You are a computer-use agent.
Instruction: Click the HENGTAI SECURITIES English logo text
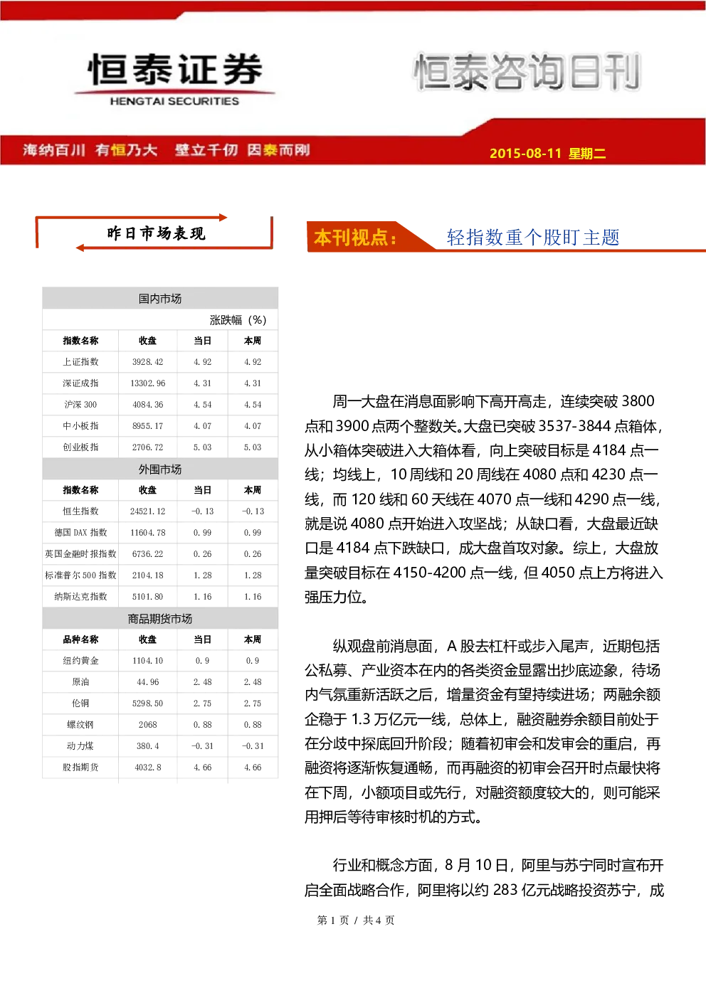(174, 101)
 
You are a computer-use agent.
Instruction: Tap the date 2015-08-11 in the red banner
(525, 153)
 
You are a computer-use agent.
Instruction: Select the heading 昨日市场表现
(156, 233)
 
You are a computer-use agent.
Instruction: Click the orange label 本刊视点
(355, 238)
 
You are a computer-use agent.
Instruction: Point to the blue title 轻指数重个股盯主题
(533, 238)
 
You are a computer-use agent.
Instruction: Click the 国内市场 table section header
(160, 299)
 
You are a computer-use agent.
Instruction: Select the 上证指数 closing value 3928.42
(147, 362)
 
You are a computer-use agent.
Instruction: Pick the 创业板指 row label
(80, 447)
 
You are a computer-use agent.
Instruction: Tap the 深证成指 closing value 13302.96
(147, 383)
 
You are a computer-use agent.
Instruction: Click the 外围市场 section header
(160, 469)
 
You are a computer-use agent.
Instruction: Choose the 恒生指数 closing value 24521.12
(147, 511)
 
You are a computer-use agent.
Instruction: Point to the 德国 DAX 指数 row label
(80, 532)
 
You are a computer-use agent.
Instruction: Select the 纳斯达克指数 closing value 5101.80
(147, 597)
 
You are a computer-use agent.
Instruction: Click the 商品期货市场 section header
(160, 619)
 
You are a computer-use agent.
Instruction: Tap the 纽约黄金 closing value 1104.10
(147, 661)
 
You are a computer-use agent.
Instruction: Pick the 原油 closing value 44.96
(147, 682)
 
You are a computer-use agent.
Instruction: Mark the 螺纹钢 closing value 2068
(147, 725)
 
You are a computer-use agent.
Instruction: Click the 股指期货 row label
(80, 768)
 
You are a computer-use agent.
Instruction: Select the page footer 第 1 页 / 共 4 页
(355, 920)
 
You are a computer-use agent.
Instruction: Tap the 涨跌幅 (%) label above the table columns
(238, 320)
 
